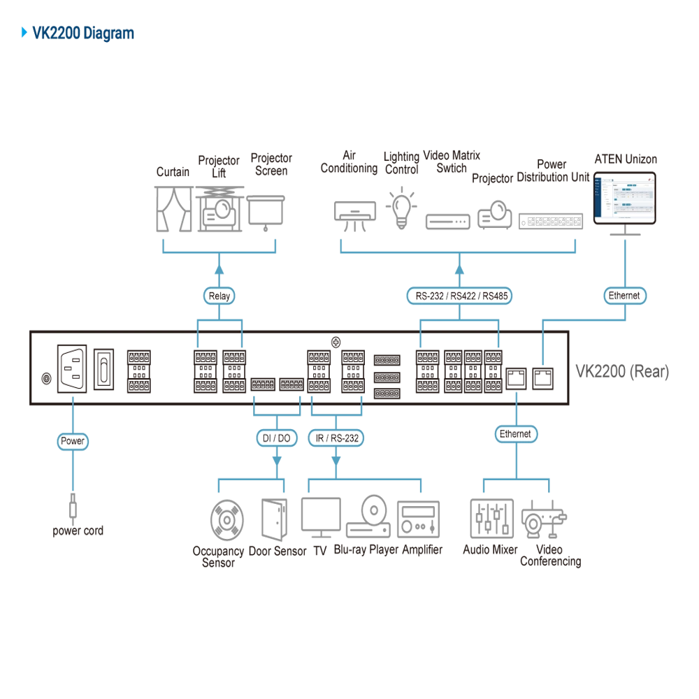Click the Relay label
[x=219, y=296]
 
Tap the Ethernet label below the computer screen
[x=624, y=296]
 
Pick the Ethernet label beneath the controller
[x=515, y=434]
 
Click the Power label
[x=72, y=441]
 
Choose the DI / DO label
[x=275, y=438]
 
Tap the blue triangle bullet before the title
[x=22, y=33]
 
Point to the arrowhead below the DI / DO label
[x=275, y=461]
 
